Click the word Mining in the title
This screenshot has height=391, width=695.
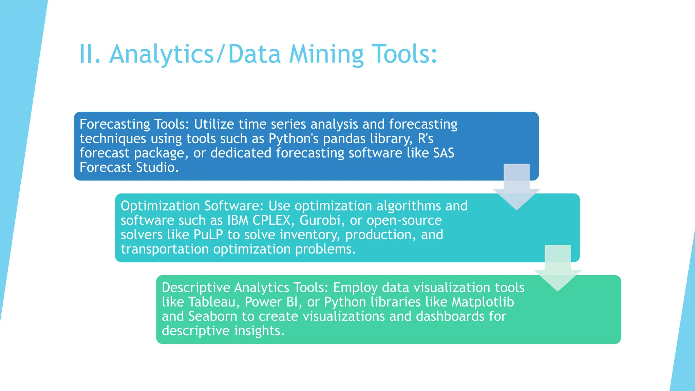click(x=326, y=54)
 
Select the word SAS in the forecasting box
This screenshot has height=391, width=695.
click(x=444, y=153)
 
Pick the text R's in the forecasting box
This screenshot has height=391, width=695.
click(x=426, y=139)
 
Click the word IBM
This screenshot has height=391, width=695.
click(x=238, y=221)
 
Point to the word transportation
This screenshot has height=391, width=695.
click(x=165, y=249)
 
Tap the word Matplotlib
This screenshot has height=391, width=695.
click(x=483, y=302)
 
